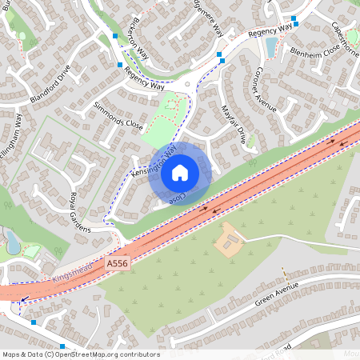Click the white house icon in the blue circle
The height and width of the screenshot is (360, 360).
pyautogui.click(x=180, y=172)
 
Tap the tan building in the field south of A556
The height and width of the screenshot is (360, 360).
pyautogui.click(x=230, y=240)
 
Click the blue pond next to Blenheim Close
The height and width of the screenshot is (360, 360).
pyautogui.click(x=270, y=47)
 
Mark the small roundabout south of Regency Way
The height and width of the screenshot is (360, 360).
pyautogui.click(x=187, y=83)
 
